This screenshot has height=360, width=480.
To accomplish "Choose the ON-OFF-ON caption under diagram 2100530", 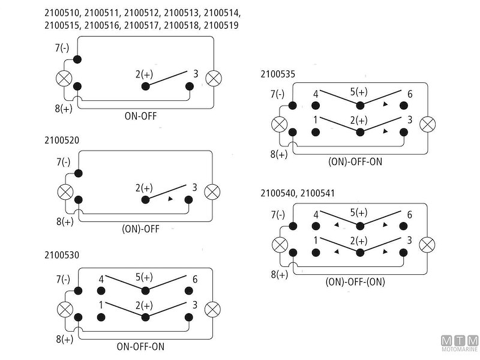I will (140, 346).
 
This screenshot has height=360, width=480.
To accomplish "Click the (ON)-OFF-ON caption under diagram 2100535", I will (355, 162).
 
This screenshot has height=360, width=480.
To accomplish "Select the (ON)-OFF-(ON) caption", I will (355, 281).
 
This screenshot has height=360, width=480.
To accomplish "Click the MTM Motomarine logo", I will (458, 343).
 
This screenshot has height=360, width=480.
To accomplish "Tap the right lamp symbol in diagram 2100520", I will (213, 192).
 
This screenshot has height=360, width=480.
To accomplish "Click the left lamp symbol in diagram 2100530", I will (64, 309).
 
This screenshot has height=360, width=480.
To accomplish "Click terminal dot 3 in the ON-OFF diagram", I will (190, 86).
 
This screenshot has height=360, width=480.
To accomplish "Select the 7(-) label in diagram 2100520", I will (62, 163).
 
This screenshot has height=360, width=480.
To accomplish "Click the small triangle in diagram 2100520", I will (170, 199).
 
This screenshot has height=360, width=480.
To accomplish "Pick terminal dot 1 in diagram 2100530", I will (102, 316).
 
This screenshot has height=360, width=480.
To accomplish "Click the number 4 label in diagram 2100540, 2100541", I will (316, 214).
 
